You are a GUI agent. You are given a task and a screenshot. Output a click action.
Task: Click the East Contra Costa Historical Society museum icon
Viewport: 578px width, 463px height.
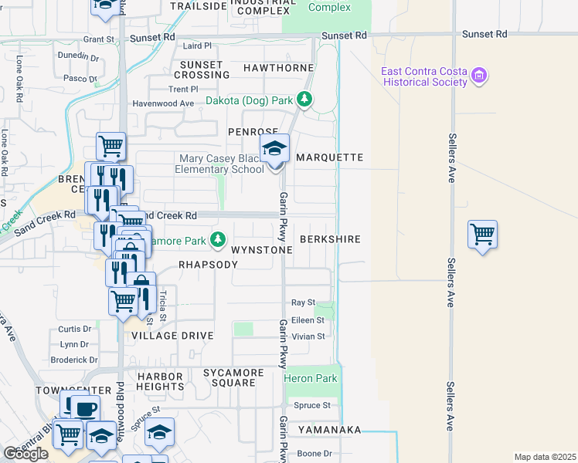click(480, 76)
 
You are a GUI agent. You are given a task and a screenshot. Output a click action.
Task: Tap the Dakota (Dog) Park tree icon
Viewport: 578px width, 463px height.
click(304, 100)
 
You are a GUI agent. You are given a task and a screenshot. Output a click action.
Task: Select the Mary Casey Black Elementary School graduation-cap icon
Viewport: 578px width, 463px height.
click(274, 148)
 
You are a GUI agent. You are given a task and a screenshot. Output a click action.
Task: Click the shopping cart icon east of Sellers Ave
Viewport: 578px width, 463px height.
click(482, 233)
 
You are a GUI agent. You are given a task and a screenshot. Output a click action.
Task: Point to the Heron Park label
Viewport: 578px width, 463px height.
click(310, 379)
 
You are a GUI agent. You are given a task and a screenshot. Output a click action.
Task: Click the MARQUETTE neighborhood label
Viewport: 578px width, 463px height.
click(329, 157)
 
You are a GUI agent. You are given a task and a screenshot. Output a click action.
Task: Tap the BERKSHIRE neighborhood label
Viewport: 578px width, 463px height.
click(330, 239)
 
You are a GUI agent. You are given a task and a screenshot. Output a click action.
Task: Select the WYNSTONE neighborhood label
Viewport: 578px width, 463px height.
click(262, 250)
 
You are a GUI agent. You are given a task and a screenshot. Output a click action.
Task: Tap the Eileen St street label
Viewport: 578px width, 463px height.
click(308, 320)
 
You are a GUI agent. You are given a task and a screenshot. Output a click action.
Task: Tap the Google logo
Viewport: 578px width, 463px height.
click(25, 454)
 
